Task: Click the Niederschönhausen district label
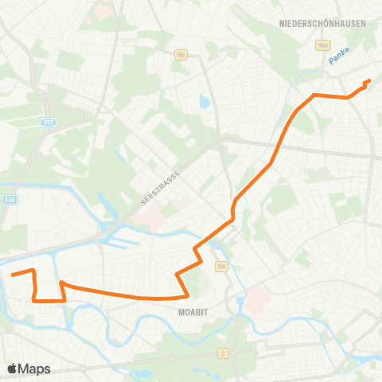tap(322, 24)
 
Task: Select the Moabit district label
tap(192, 313)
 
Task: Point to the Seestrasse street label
tap(162, 186)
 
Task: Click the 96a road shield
tap(323, 46)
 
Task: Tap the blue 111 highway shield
tap(49, 123)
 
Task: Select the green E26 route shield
tap(9, 200)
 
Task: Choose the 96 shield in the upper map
tap(182, 54)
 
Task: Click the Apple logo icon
tap(11, 368)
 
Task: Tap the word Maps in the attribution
tap(34, 368)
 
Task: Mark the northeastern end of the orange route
tap(370, 80)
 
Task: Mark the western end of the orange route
tap(11, 275)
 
